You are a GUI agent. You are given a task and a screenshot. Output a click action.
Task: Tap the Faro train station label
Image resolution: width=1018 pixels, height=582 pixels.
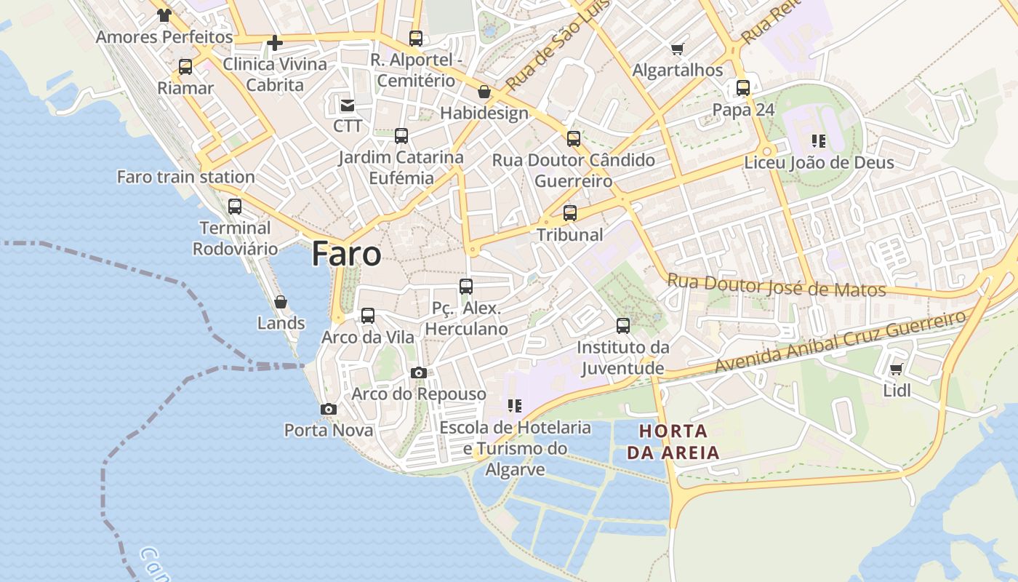click(185, 177)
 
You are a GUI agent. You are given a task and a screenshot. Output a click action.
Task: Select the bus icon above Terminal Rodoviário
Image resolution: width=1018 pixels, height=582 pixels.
click(235, 206)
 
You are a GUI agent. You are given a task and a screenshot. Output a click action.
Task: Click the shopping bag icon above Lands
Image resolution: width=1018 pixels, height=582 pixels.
click(281, 301)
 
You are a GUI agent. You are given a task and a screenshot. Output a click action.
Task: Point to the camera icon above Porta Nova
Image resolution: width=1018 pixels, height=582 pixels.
click(329, 410)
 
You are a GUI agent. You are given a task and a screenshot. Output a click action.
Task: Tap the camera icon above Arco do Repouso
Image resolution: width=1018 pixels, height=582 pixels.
click(419, 373)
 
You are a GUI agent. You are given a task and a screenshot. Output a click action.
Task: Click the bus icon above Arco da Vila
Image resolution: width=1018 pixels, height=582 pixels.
click(368, 316)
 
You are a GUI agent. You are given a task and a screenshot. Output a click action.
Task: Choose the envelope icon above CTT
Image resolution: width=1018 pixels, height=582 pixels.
click(348, 105)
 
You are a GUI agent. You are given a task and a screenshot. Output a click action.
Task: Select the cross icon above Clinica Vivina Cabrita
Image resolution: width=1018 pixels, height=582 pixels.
click(275, 43)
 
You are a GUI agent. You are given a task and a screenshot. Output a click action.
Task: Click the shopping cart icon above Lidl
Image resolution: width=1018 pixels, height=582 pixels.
click(897, 370)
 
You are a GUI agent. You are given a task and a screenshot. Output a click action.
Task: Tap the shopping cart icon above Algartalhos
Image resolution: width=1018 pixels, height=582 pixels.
click(678, 49)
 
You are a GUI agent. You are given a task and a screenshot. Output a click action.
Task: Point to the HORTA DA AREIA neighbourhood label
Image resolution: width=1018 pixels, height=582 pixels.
click(673, 442)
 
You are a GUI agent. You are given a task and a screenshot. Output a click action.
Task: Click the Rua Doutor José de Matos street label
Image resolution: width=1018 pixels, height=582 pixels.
click(776, 285)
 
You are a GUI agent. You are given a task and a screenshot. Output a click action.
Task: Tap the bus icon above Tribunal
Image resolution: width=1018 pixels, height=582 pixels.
click(570, 213)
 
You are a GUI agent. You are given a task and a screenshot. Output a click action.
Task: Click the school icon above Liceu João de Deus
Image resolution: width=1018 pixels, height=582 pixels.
click(819, 141)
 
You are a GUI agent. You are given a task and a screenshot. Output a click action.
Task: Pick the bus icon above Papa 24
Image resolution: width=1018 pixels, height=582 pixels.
click(743, 88)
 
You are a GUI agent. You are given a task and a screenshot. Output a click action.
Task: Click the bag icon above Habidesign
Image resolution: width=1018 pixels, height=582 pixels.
click(484, 92)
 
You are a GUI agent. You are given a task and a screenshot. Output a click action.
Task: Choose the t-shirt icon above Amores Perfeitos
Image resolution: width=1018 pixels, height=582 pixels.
click(164, 15)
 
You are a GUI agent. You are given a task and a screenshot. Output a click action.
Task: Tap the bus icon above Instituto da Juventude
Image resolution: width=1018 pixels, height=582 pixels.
click(623, 326)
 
